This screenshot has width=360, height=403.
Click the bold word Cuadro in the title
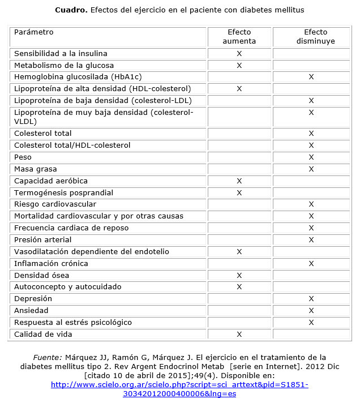[71, 10]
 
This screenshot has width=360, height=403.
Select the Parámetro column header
[34, 32]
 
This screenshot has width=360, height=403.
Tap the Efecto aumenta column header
[239, 36]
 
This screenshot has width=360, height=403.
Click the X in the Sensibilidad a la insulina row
[239, 53]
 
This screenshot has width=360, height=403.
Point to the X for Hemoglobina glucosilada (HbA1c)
[311, 77]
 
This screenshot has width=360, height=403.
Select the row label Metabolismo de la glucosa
[64, 65]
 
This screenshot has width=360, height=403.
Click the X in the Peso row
[311, 157]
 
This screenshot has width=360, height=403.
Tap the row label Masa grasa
[36, 169]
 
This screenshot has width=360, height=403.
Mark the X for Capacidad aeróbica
[239, 181]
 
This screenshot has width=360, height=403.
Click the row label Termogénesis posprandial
[64, 192]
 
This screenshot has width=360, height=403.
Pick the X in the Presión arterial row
[311, 240]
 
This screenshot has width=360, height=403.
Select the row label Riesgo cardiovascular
[55, 204]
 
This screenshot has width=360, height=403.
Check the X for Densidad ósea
[239, 276]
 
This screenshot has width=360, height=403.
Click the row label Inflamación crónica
[51, 263]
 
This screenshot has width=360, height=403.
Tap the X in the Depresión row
[311, 299]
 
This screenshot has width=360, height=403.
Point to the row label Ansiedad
[31, 310]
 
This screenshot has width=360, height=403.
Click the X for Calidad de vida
[239, 335]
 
